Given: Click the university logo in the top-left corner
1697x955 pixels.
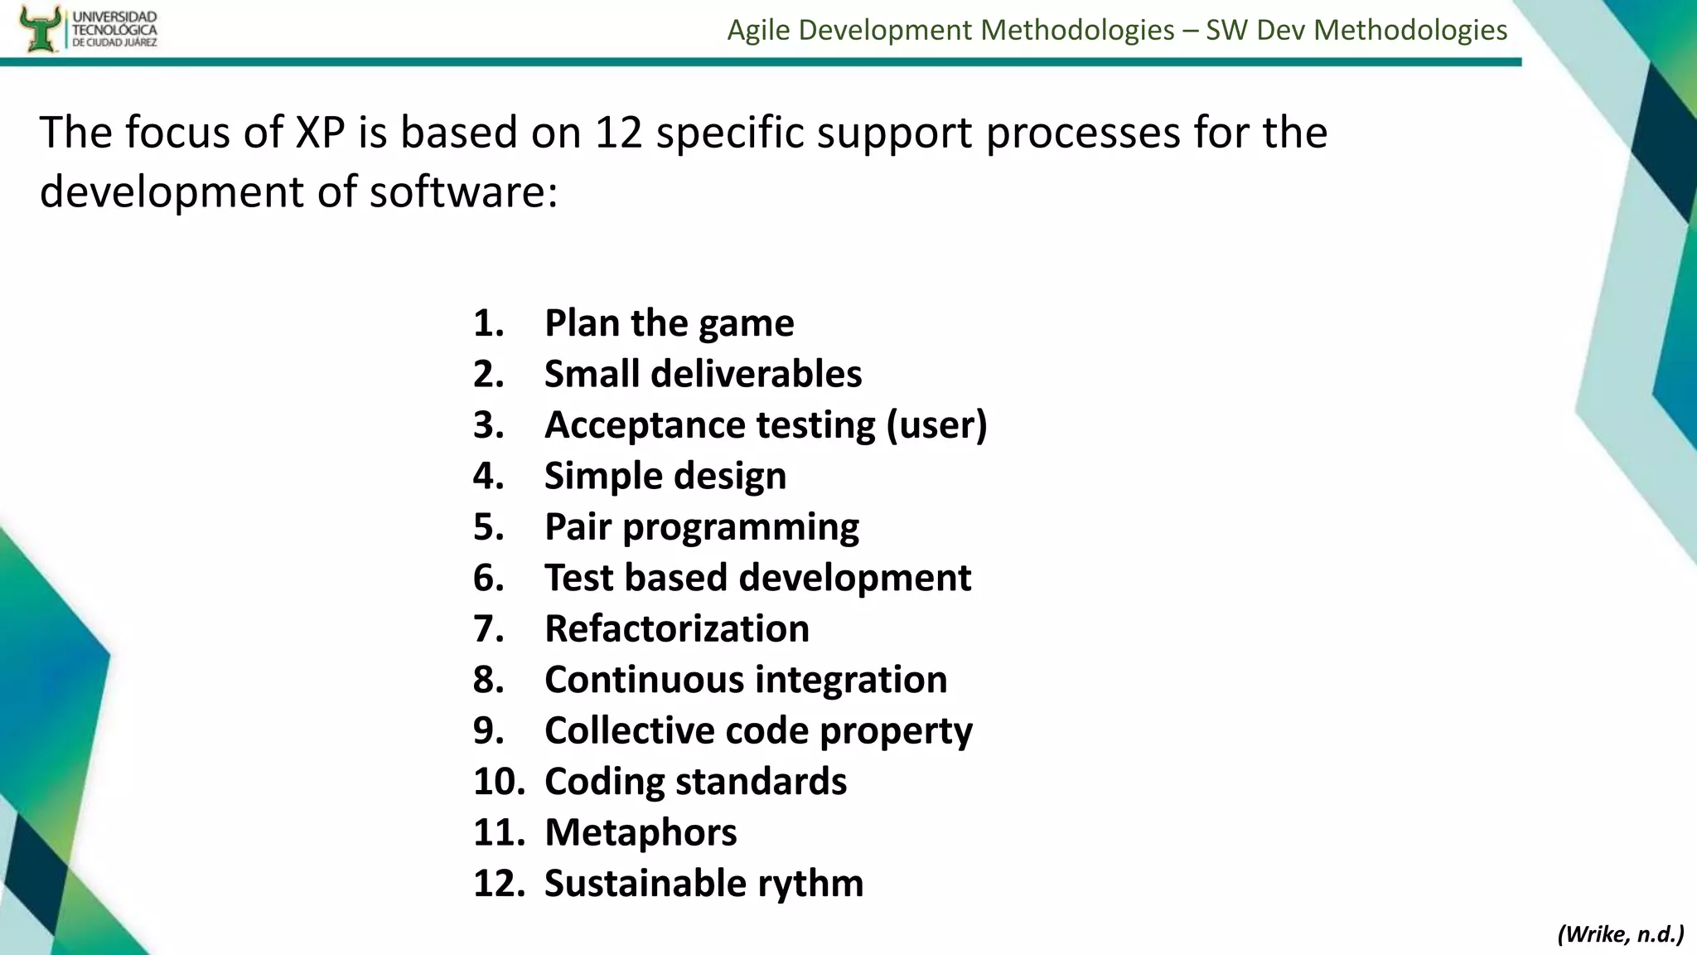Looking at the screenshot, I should coord(87,28).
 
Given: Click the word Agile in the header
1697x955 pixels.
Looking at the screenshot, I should coord(759,30).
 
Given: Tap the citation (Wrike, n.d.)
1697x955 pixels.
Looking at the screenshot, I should coord(1620,934).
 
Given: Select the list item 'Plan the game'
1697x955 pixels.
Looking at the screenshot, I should coord(669,322).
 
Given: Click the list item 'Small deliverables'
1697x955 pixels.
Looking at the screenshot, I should coord(703,374).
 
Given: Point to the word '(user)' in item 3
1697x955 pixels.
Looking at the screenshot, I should coord(936,425).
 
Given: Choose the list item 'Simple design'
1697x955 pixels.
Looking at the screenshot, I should coord(665,476).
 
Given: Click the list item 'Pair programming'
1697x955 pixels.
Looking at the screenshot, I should coord(702,527).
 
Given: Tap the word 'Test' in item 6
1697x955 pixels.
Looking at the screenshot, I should coord(578,578).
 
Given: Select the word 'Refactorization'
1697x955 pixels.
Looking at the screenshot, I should coord(677,628).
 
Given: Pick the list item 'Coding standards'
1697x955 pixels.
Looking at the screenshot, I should coord(695,782).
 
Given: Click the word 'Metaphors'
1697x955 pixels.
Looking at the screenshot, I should coord(641,832).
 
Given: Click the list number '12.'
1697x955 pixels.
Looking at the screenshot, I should coord(499,884).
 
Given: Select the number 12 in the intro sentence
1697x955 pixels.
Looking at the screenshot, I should coord(618,133).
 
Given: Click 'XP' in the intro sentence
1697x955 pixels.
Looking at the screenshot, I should coord(320,133).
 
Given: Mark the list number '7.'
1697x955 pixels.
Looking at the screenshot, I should coord(489,628).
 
